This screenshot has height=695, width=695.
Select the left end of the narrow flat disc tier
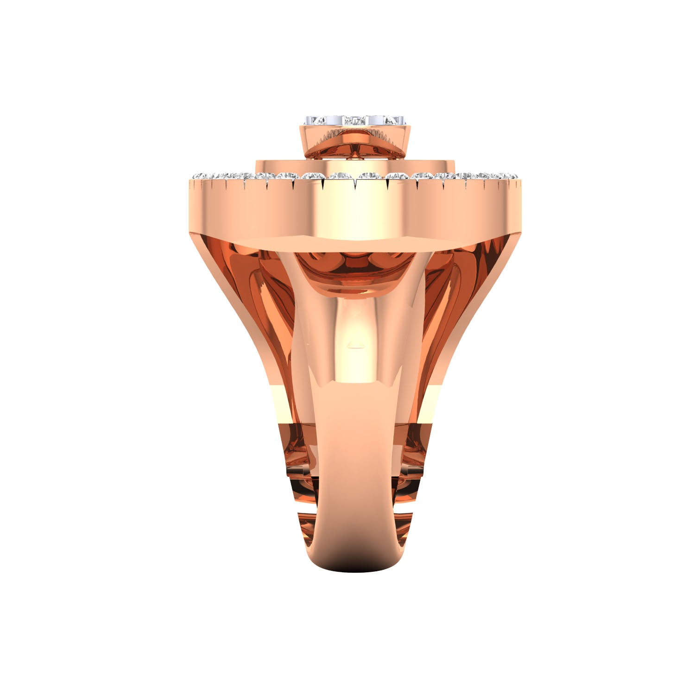click(259, 164)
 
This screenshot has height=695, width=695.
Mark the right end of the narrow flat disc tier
click(452, 164)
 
